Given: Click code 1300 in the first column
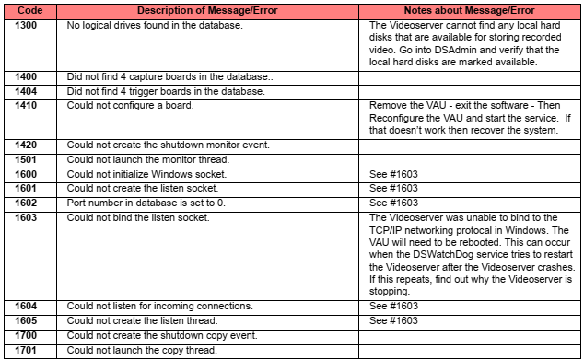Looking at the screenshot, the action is [x=28, y=24].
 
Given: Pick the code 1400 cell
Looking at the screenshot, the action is [x=28, y=77].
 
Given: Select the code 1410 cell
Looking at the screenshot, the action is [x=28, y=105].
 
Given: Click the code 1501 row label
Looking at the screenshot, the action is [x=28, y=158].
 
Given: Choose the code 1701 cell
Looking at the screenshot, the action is [x=28, y=351].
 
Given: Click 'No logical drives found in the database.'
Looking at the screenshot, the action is [x=153, y=24].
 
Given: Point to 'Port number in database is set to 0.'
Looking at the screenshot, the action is [x=148, y=202].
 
